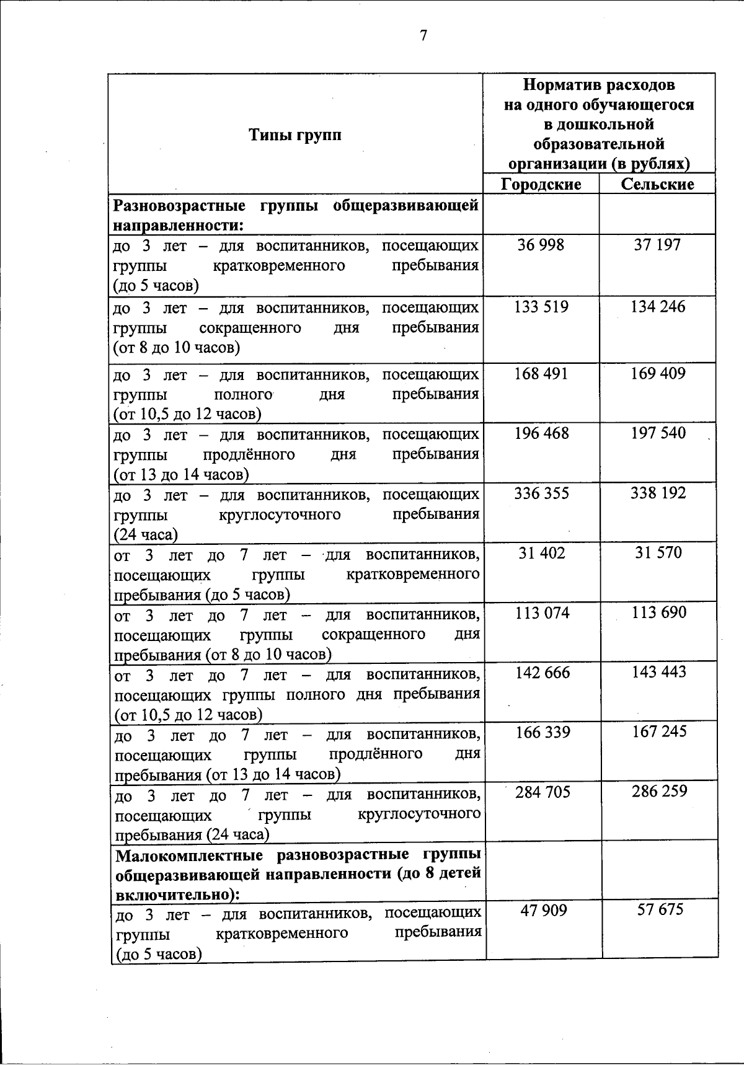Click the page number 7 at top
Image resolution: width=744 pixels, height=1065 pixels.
[x=423, y=36]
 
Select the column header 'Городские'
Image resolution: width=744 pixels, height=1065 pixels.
[x=541, y=184]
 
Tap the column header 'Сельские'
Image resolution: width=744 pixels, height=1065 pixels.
[x=657, y=184]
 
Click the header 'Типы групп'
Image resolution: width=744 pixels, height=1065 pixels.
[x=295, y=135]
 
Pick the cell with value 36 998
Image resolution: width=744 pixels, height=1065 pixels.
[x=541, y=245]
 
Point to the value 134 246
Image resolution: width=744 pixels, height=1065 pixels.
[x=658, y=307]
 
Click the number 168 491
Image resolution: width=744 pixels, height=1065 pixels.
[x=541, y=374]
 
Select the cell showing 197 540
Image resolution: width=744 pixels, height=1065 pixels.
[x=658, y=433]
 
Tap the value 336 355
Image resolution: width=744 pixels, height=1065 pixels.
[x=541, y=493]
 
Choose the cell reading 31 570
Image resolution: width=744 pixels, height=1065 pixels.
[x=658, y=552]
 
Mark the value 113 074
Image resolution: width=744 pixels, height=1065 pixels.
[x=542, y=613]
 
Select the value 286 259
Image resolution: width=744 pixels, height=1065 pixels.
[x=660, y=792]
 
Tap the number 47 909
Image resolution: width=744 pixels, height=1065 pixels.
[x=543, y=911]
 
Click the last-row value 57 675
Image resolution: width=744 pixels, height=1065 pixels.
[x=660, y=909]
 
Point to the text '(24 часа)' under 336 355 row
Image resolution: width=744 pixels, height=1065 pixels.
[x=145, y=534]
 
